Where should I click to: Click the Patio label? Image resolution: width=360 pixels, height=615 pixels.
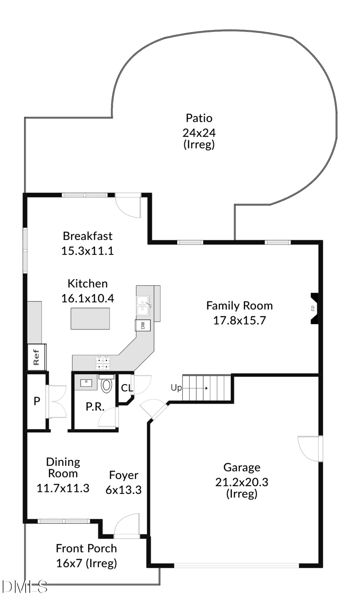point(199,118)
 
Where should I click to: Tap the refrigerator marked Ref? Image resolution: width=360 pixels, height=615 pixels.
point(36,357)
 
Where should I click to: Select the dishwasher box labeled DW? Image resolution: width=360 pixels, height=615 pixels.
point(143,325)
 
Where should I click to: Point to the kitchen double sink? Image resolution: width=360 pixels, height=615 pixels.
point(143,306)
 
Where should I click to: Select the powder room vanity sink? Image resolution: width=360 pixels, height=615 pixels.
point(86,383)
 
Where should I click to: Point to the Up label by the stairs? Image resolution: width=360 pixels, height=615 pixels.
point(176,387)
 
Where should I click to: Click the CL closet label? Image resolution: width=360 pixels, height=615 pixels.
point(127,388)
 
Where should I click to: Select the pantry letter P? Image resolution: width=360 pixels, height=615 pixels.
point(37,401)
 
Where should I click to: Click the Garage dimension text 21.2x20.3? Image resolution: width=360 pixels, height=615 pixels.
point(242,482)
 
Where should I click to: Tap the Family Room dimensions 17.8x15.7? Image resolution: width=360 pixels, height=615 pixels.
point(239,320)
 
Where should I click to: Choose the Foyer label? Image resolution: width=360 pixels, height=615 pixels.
point(124,475)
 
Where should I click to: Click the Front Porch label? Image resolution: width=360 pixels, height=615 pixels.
point(86,548)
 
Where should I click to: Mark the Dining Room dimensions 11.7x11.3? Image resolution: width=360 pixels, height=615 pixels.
point(63,488)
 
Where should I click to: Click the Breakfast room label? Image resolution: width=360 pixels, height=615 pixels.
point(88,236)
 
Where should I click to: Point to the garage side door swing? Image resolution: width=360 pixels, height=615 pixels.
point(310,448)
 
